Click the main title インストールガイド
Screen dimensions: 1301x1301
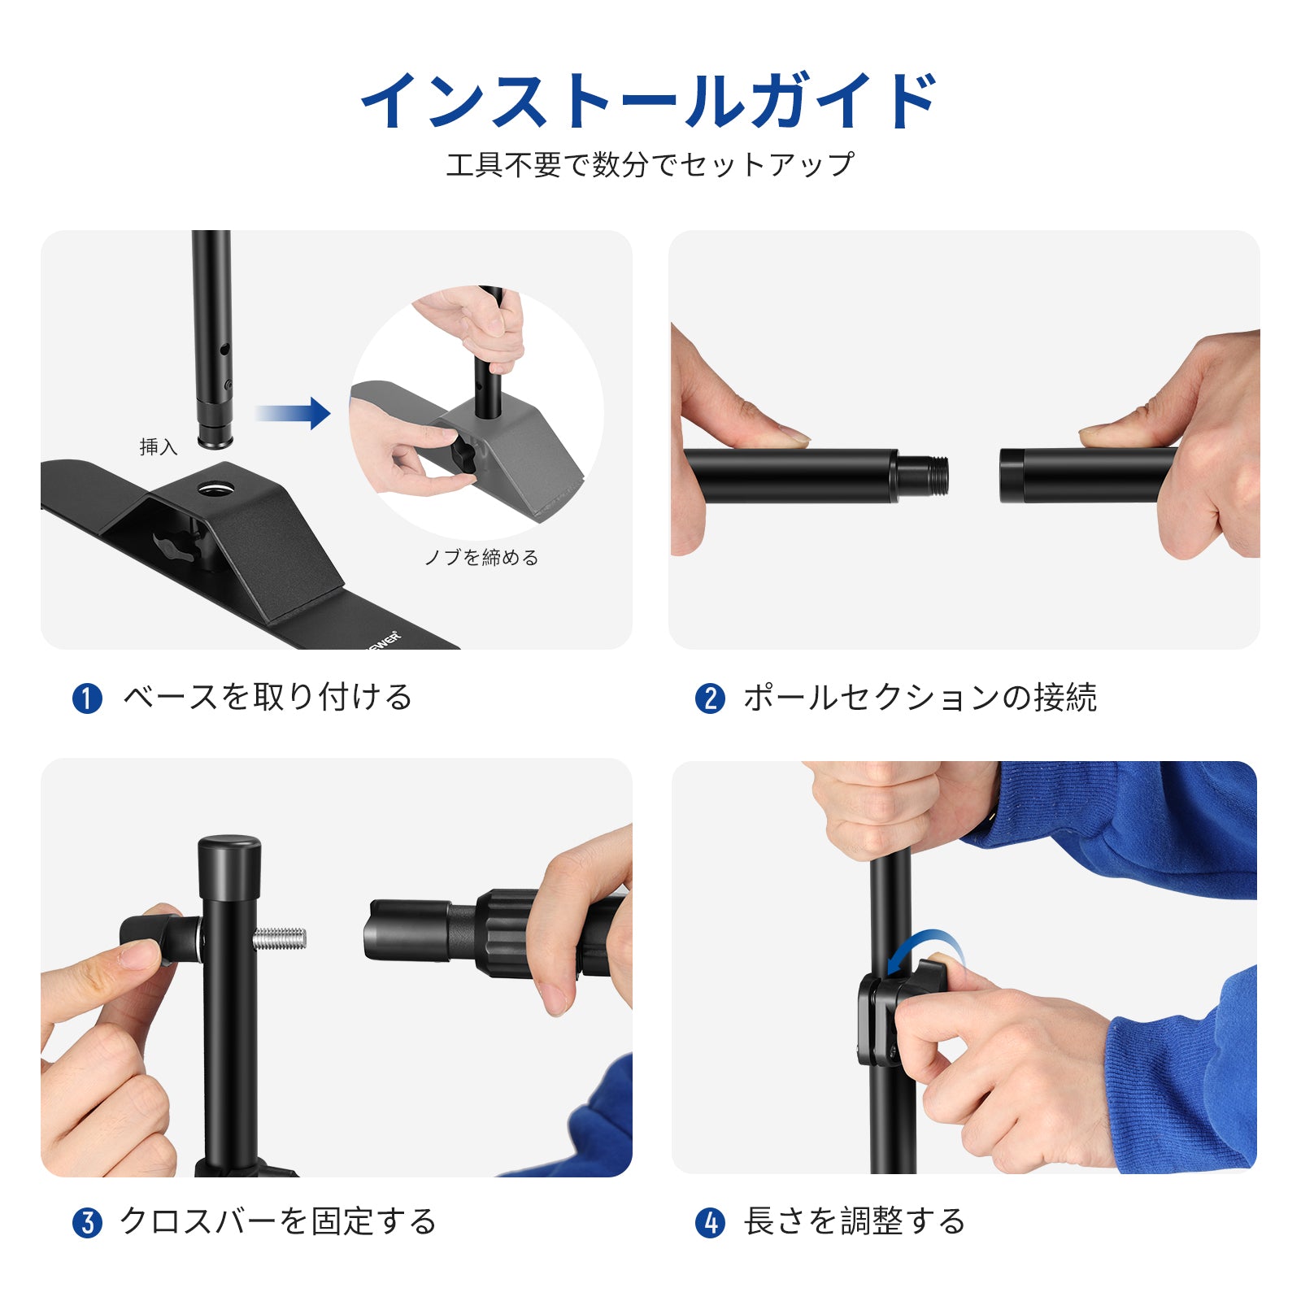coord(650,100)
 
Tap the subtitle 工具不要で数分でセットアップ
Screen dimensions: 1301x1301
coord(650,164)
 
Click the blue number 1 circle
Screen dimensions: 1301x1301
coord(87,698)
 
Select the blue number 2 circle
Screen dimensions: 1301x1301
coord(710,698)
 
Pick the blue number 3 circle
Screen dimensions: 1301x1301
coord(87,1223)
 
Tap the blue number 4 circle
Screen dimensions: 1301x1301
coord(710,1223)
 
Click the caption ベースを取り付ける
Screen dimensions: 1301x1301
coord(268,698)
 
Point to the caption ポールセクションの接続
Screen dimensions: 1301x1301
coord(920,698)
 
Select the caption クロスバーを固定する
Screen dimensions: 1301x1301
coord(278,1221)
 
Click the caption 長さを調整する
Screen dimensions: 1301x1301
coord(855,1221)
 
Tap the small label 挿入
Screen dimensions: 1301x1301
coord(158,446)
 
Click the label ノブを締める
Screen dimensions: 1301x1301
coord(481,557)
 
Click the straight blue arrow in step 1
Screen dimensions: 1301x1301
coord(293,413)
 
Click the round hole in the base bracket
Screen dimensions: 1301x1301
coord(215,488)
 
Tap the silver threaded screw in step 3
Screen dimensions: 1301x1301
coord(279,939)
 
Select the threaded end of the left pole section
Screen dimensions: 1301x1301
coord(923,476)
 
